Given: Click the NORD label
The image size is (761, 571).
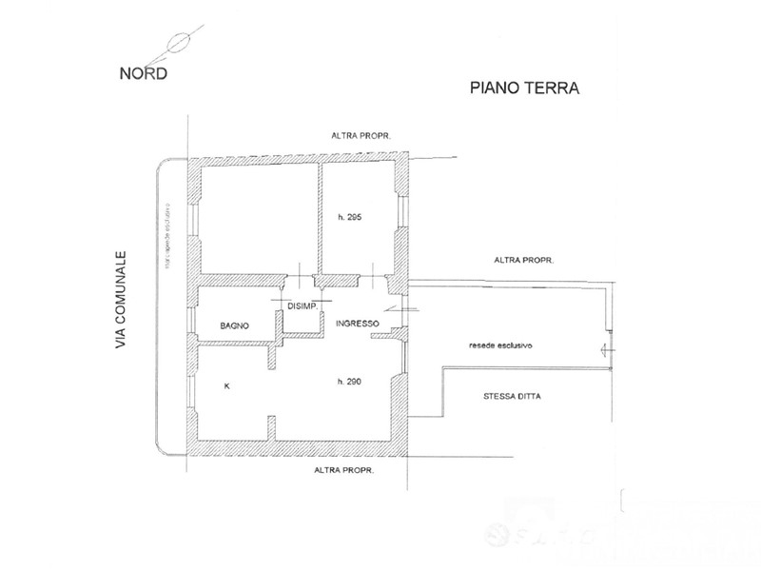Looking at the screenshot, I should tap(144, 74).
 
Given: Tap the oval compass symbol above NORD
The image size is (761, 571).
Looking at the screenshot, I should tap(177, 43).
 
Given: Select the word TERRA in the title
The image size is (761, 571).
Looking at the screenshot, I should tap(553, 89).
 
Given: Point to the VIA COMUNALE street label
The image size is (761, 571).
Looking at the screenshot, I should tap(121, 299).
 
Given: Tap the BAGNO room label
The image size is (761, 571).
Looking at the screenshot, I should tap(234, 325).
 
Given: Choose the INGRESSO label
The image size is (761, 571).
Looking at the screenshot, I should tap(358, 324).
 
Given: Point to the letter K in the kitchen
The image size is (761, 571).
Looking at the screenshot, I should tap(226, 386).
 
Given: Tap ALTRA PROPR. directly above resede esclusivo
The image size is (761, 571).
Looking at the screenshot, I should tap(524, 259).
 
